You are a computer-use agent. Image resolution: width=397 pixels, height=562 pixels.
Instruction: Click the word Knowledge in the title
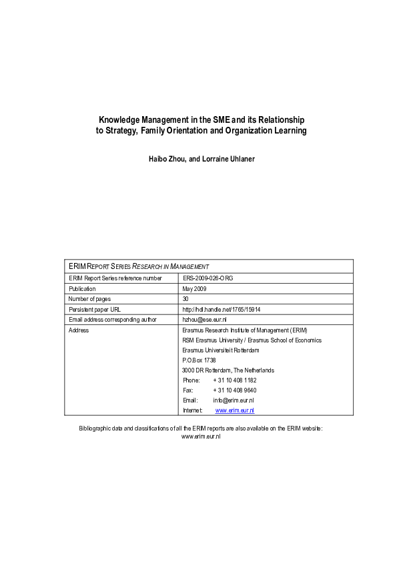point(119,119)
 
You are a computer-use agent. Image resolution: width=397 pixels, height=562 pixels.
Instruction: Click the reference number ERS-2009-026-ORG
point(208,278)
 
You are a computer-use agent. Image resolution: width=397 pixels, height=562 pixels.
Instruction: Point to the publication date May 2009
point(194,288)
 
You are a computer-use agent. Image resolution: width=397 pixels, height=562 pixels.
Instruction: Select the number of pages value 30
point(185,298)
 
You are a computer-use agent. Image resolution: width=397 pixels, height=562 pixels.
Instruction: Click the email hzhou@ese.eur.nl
point(204,320)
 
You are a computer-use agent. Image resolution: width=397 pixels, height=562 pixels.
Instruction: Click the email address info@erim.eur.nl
point(234,400)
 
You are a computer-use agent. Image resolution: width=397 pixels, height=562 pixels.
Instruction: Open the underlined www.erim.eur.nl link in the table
point(235,410)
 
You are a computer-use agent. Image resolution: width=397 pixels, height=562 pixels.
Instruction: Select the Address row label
point(79,330)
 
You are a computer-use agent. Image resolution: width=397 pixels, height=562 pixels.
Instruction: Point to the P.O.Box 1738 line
point(199,360)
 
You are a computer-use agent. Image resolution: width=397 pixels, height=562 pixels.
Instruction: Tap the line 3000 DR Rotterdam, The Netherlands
point(228,370)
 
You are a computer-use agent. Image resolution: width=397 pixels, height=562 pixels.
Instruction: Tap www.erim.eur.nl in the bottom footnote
point(201,436)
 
